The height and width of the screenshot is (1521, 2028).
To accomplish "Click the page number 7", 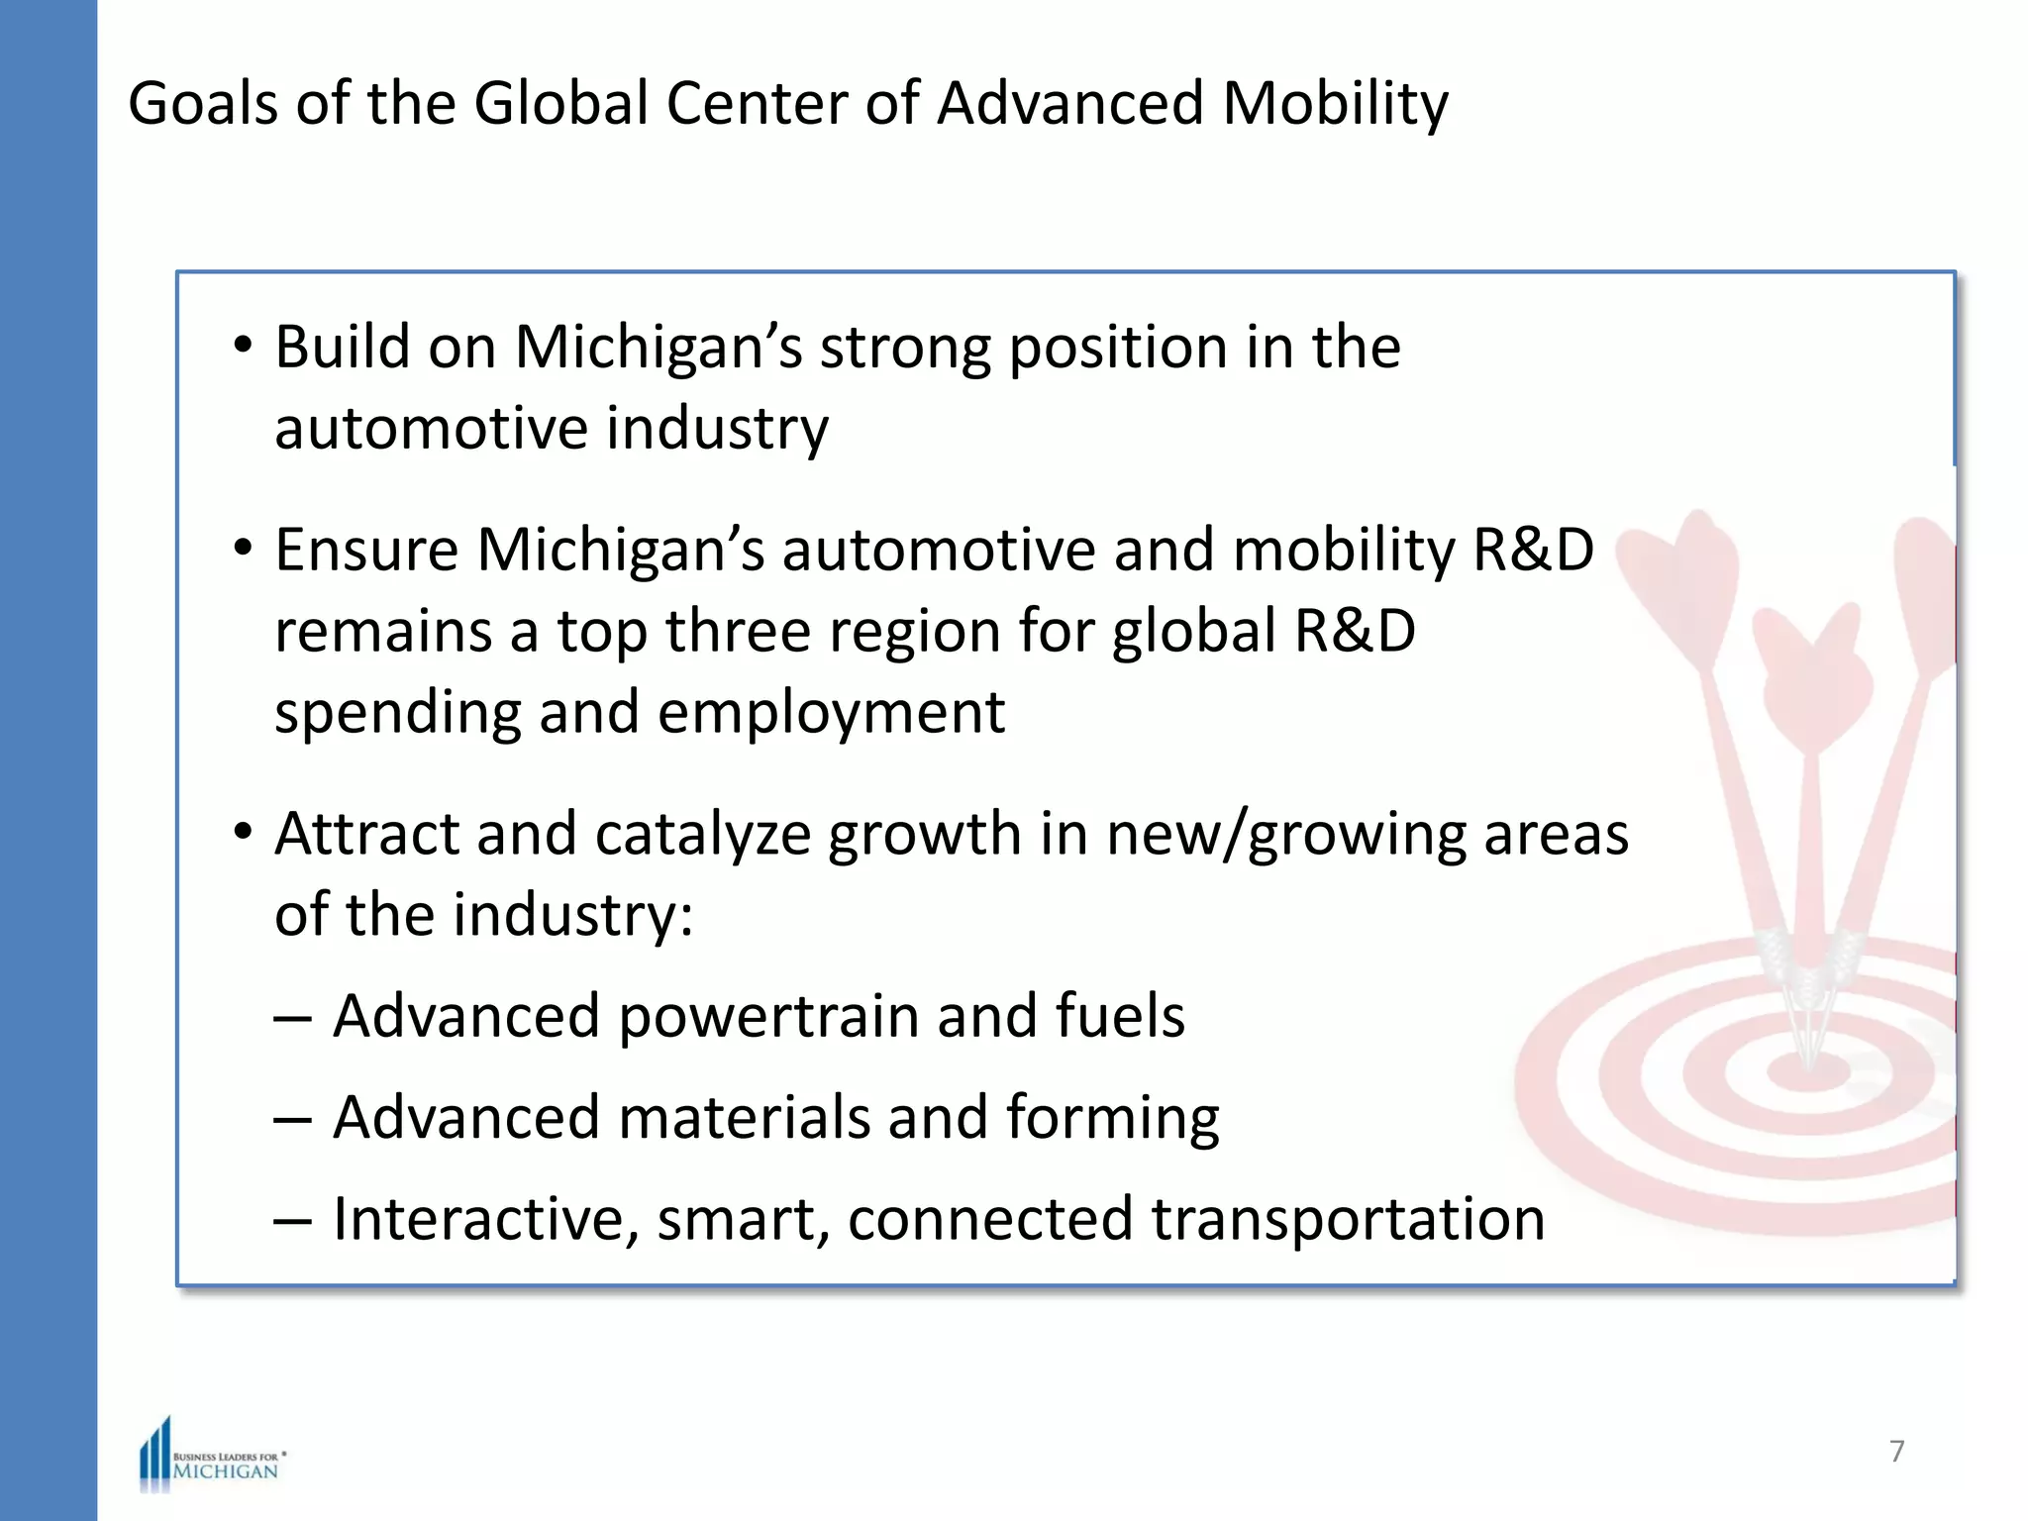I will tap(1896, 1451).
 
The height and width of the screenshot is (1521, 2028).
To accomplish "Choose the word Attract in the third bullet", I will tap(366, 834).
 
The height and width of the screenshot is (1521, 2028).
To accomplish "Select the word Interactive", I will tap(485, 1219).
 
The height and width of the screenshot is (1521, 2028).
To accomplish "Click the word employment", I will tap(831, 713).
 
